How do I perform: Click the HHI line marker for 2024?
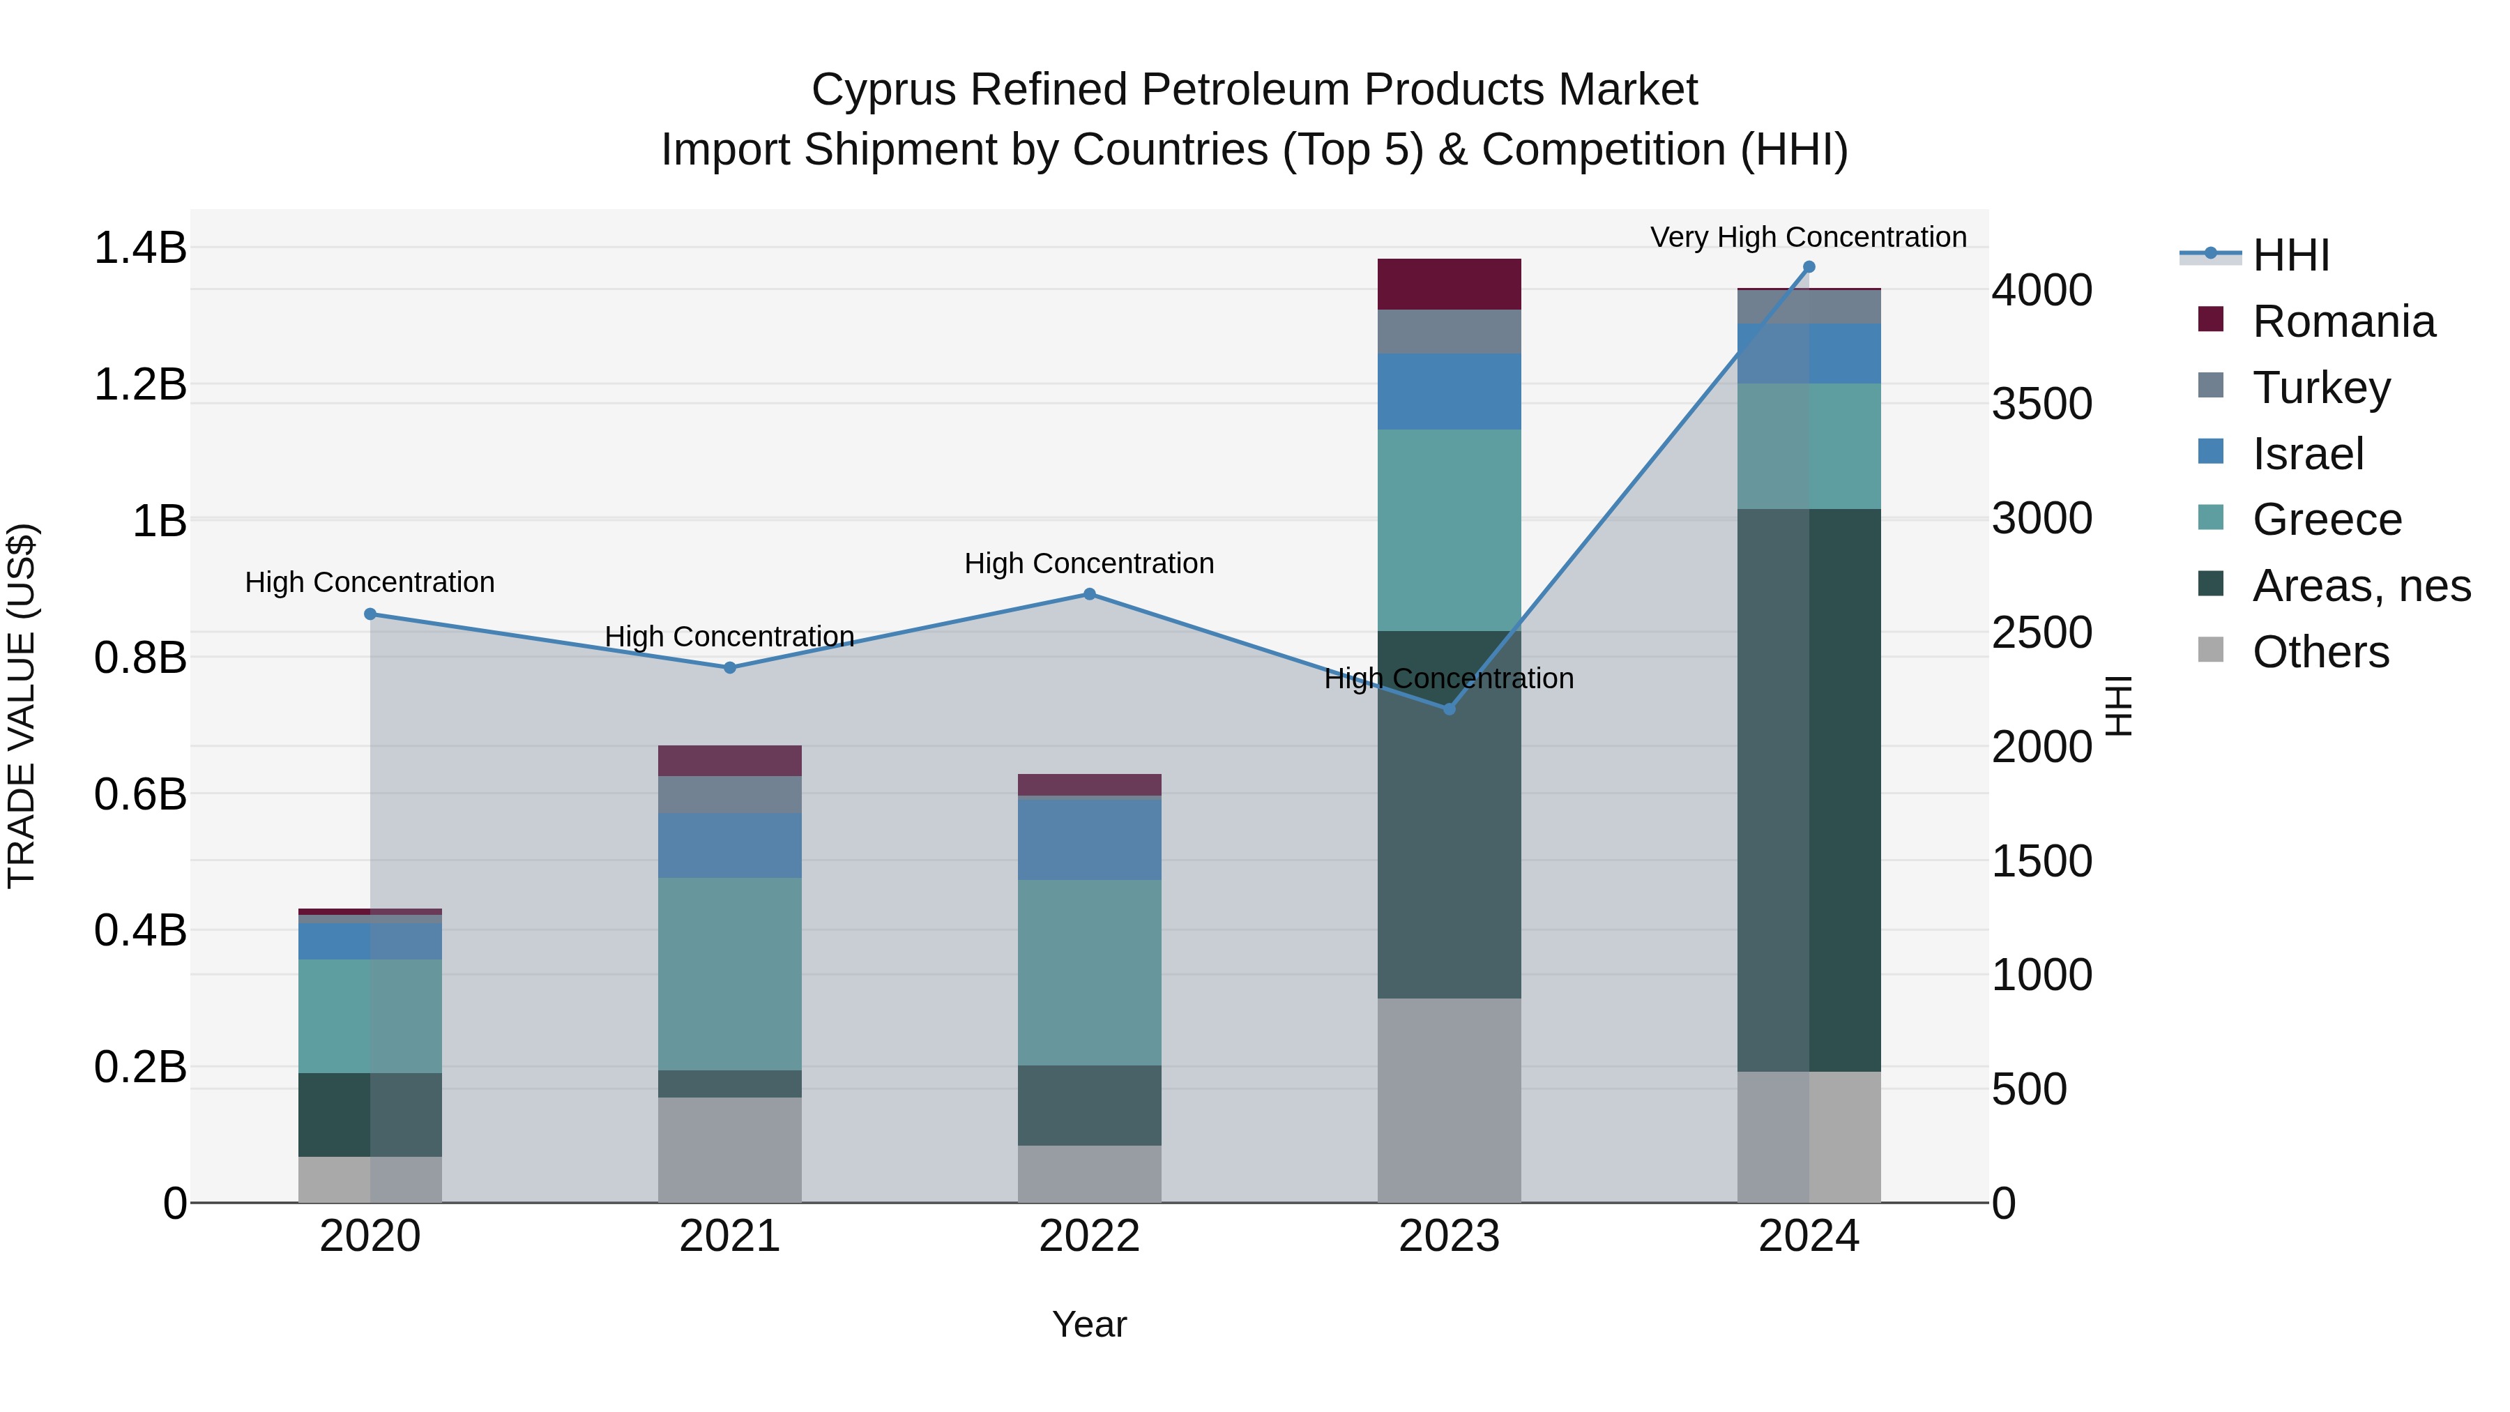click(x=1809, y=267)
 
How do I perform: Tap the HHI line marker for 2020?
click(x=370, y=614)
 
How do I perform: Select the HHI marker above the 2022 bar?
click(x=1089, y=594)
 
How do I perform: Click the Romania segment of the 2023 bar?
click(x=1449, y=284)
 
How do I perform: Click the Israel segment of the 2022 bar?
click(x=1089, y=838)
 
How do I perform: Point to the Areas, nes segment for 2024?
click(x=1809, y=789)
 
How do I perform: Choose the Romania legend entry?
click(x=2343, y=321)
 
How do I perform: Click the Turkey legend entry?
click(x=2321, y=388)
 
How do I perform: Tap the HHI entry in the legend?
click(x=2290, y=255)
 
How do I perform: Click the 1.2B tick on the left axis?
click(x=139, y=385)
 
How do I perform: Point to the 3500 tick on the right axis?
click(x=2041, y=404)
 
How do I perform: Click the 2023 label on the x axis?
click(x=1449, y=1236)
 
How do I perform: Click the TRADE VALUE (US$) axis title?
click(x=22, y=706)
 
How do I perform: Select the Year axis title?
click(x=1089, y=1324)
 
